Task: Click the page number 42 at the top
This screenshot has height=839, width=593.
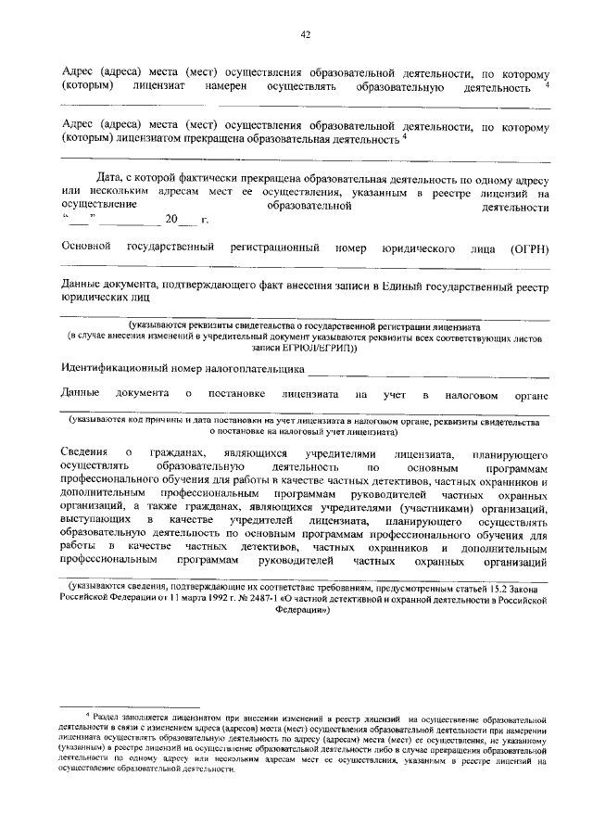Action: click(x=304, y=34)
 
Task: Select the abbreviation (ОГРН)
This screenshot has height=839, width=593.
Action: click(x=530, y=249)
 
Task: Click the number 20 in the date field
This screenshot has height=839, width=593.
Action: click(x=170, y=220)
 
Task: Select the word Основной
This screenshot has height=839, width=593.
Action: click(x=85, y=248)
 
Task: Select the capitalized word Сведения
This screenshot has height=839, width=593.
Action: click(x=85, y=451)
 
